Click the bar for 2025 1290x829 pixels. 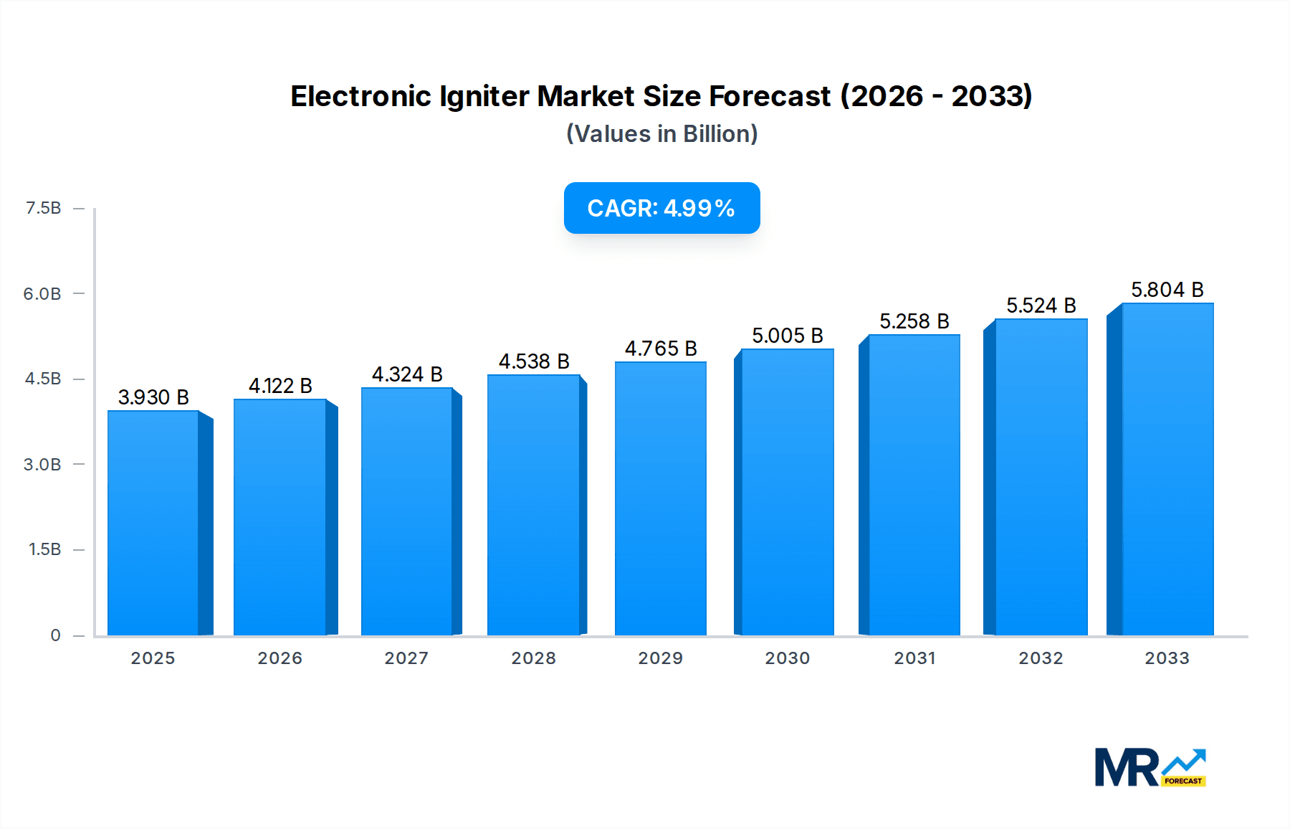click(x=153, y=523)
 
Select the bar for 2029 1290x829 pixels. click(x=660, y=498)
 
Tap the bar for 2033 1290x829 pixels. click(x=1167, y=469)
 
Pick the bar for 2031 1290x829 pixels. click(x=914, y=485)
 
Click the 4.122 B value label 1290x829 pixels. click(x=280, y=386)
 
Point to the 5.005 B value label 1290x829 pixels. click(x=787, y=336)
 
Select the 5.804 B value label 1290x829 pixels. click(x=1167, y=290)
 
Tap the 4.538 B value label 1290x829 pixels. click(x=534, y=361)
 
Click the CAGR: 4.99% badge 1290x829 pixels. click(x=661, y=208)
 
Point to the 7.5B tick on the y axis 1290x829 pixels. click(x=43, y=208)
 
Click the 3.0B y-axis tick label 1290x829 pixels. click(x=42, y=465)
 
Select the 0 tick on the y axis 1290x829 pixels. click(x=55, y=635)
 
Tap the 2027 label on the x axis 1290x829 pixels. click(x=406, y=658)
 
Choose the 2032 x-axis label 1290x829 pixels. click(x=1041, y=658)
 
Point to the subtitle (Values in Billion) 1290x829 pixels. click(x=661, y=134)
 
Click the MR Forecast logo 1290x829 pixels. click(x=1150, y=767)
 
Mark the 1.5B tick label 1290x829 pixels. click(x=44, y=550)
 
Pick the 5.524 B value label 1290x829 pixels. click(x=1041, y=305)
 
